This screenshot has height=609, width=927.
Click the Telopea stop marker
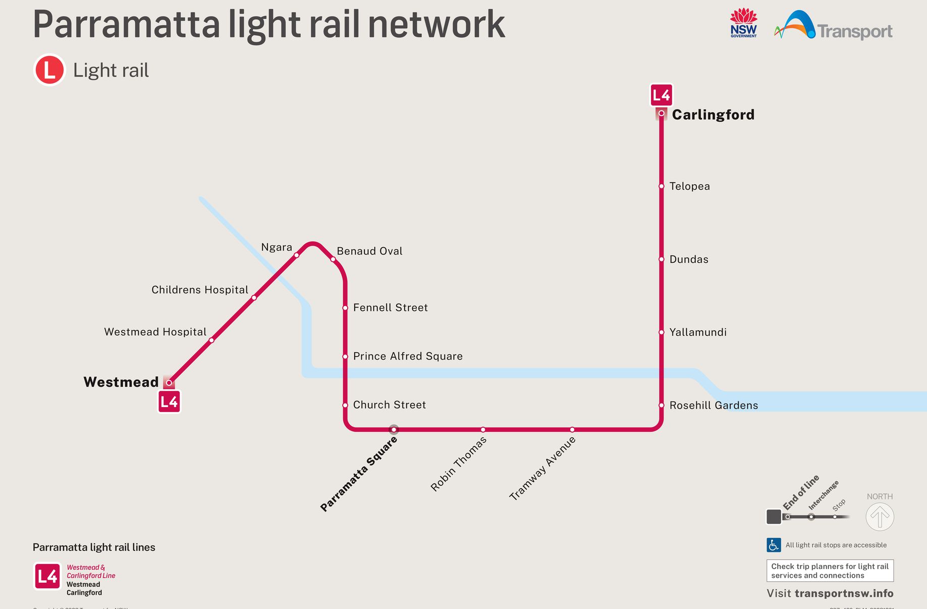661,186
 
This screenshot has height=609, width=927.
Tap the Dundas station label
688,260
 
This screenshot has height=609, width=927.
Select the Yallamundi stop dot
661,332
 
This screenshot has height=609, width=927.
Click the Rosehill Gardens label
713,405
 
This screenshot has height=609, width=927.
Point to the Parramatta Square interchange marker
394,430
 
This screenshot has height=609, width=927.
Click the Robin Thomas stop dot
483,430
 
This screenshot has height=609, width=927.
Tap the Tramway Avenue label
542,469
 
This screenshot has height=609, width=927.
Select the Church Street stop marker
345,405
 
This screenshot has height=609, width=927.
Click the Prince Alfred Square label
408,357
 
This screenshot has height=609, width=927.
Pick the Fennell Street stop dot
345,308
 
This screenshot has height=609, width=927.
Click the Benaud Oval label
369,251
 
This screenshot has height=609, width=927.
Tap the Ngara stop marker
297,255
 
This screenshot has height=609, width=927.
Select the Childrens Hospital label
200,290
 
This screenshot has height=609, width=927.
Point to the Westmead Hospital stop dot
211,340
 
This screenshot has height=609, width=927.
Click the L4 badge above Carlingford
661,95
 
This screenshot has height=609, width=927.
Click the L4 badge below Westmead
169,402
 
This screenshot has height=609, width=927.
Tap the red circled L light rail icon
49,70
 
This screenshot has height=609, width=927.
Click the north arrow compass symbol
880,517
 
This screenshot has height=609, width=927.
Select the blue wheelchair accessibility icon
774,545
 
